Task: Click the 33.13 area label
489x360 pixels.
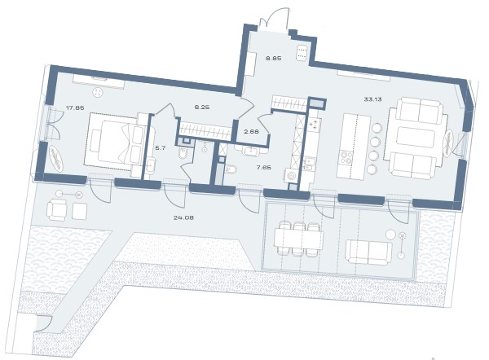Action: click(372, 99)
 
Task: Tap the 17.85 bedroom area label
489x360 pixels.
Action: click(75, 108)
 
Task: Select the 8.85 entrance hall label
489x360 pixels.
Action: click(274, 58)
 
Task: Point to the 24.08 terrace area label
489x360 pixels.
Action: click(183, 217)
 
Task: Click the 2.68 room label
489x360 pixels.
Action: click(251, 131)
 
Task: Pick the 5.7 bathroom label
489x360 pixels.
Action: click(161, 148)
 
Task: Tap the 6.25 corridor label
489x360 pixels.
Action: click(202, 107)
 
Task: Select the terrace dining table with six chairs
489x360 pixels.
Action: click(298, 239)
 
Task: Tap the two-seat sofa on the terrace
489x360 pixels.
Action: click(369, 252)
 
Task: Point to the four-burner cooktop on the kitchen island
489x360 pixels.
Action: click(346, 158)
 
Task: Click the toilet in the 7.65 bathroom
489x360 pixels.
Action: click(231, 169)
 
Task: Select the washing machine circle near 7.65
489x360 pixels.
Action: click(292, 177)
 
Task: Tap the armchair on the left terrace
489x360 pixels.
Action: click(56, 210)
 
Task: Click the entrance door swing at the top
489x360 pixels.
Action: click(273, 19)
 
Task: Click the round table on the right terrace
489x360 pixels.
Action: click(390, 234)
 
